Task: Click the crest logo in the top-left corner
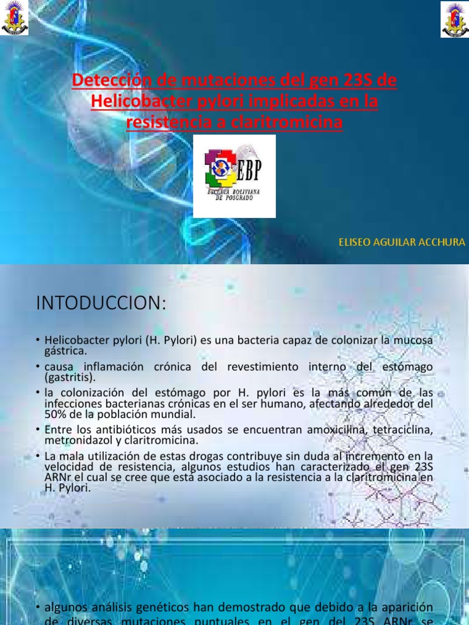coord(14,18)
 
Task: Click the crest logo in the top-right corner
coord(454,18)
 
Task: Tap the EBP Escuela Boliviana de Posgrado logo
coord(234,176)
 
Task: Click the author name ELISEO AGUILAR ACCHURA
coord(402,242)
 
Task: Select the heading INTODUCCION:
coord(101,303)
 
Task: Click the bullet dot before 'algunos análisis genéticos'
coord(38,608)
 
